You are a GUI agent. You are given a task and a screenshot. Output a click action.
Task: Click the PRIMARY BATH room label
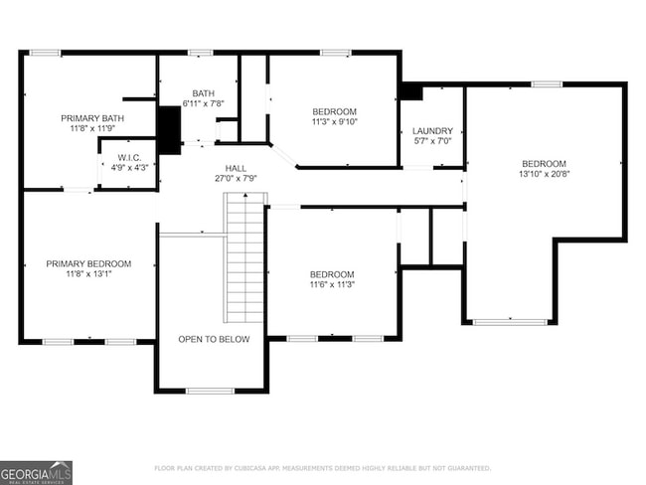(x=91, y=117)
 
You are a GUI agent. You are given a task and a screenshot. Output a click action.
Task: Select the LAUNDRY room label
(x=432, y=130)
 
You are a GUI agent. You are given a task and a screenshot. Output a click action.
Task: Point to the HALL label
(x=236, y=168)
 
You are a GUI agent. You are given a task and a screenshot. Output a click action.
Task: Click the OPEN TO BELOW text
(x=214, y=339)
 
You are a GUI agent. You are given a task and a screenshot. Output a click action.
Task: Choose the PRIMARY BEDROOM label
(x=88, y=263)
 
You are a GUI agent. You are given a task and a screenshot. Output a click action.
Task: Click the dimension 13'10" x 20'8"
(x=544, y=174)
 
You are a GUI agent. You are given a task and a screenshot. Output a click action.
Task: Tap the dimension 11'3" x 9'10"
(x=334, y=122)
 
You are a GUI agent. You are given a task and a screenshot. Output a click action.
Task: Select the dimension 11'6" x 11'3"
(x=331, y=285)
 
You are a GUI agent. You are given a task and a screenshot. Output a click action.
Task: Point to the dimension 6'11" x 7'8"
(x=203, y=103)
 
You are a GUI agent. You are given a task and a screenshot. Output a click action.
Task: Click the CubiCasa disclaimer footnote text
(x=322, y=467)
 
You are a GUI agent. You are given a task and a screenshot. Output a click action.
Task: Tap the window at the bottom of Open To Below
(x=211, y=391)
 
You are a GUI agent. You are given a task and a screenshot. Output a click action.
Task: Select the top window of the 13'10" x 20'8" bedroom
(x=546, y=84)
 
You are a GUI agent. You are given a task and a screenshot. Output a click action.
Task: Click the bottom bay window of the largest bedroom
(x=510, y=322)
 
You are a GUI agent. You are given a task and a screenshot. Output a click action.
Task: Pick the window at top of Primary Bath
(x=44, y=53)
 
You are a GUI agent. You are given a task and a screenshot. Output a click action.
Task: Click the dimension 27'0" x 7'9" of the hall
(x=236, y=179)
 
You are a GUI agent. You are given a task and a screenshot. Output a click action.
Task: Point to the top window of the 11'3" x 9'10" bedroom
(x=335, y=53)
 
